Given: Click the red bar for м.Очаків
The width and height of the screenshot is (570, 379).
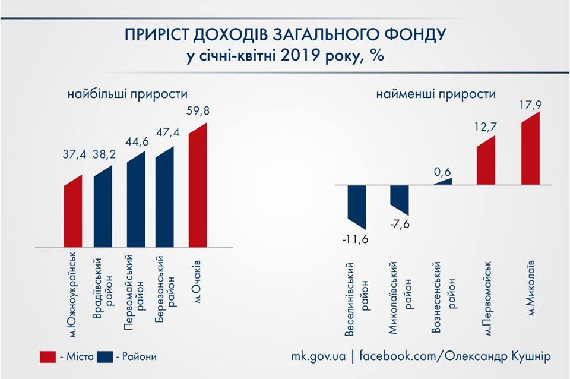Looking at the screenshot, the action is click(198, 185).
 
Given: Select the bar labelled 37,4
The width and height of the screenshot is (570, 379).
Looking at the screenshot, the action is click(73, 211).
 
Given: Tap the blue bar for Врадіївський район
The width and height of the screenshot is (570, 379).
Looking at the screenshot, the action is click(103, 207).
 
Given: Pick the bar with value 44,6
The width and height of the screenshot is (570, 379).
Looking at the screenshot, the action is click(136, 200).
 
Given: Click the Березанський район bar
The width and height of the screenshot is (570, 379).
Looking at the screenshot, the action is click(164, 197).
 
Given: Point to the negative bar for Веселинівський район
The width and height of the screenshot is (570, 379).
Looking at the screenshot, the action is click(357, 206).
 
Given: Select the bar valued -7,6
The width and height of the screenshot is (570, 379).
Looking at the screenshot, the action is click(400, 200).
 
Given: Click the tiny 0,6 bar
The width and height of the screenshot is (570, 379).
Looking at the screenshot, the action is click(443, 182).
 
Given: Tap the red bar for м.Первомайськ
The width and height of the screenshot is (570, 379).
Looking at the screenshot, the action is click(486, 160).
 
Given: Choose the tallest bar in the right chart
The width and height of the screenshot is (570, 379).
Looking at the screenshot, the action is click(530, 149).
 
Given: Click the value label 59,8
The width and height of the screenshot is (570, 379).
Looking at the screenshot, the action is click(198, 111).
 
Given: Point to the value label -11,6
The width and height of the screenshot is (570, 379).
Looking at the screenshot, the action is click(355, 239).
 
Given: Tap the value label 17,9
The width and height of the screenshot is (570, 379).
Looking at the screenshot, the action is click(530, 105).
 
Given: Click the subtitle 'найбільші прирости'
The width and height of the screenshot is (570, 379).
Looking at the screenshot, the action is click(127, 94).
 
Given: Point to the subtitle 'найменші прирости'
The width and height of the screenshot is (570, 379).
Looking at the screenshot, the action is click(436, 94).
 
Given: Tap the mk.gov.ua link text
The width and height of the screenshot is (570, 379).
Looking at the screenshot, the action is click(318, 356).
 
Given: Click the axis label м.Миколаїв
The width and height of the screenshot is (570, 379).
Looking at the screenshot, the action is click(530, 288).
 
